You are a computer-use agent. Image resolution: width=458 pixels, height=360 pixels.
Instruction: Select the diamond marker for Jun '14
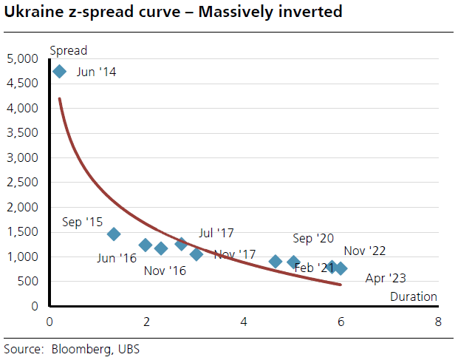click(x=60, y=72)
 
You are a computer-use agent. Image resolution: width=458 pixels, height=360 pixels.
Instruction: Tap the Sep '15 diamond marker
click(x=114, y=234)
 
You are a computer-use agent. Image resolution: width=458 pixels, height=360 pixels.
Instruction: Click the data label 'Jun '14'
click(x=96, y=72)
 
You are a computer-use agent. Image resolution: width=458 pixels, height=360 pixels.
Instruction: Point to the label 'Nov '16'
click(x=165, y=271)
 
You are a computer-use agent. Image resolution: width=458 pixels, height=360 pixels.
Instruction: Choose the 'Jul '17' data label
click(x=216, y=233)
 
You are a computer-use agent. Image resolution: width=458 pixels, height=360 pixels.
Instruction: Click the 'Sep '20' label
click(x=313, y=238)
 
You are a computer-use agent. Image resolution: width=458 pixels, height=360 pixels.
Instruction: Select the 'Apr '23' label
click(x=386, y=279)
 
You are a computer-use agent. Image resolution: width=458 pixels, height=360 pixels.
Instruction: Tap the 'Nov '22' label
click(x=365, y=251)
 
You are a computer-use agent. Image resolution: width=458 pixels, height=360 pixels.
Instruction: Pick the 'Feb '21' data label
click(x=313, y=267)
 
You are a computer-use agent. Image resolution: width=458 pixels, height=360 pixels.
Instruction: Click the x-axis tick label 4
click(x=244, y=322)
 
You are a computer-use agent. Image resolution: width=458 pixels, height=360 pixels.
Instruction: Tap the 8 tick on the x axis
click(x=438, y=322)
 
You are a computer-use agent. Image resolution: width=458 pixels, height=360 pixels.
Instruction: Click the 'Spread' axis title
click(x=68, y=51)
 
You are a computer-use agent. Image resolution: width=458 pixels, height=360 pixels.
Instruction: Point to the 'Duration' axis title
click(x=414, y=297)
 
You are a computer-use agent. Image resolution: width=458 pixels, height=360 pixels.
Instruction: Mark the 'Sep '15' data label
click(x=83, y=221)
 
